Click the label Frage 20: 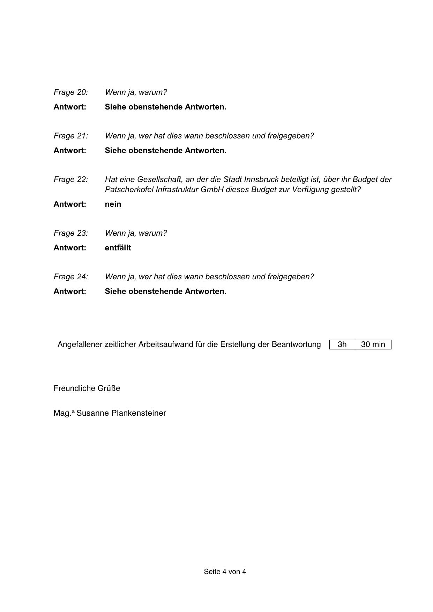point(70,92)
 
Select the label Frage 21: point(70,136)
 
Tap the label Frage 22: point(70,180)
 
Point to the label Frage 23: point(70,233)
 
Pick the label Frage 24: point(70,277)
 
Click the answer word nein point(113,204)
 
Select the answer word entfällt point(118,248)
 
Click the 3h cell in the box point(342,345)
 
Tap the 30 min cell point(373,345)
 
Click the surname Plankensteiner point(139,413)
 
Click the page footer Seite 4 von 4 point(225,572)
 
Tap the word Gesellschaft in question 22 point(159,180)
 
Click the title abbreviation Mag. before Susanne point(62,413)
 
